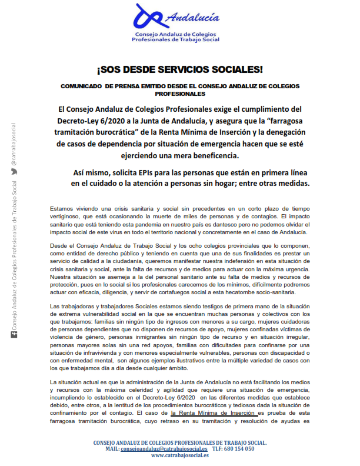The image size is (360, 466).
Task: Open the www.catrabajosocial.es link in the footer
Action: (x=180, y=455)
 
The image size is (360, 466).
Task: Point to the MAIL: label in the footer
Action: (x=112, y=448)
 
